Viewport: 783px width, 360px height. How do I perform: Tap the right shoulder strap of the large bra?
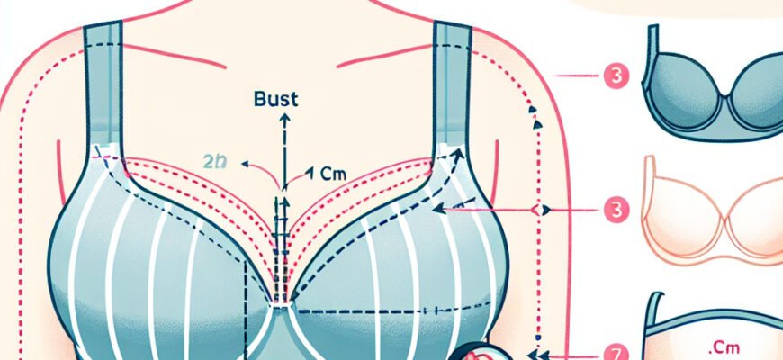[x=452, y=81]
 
